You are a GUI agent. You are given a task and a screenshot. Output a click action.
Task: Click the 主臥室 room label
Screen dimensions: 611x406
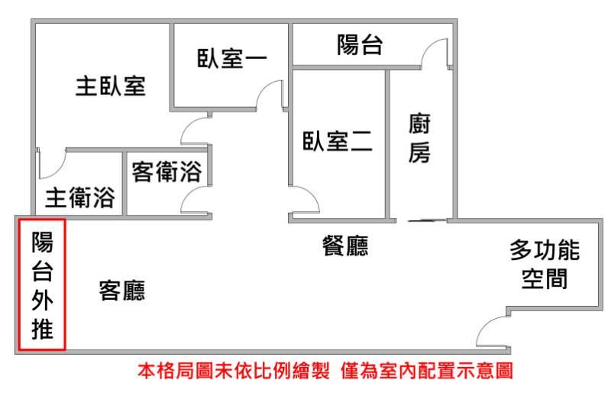[x=111, y=86]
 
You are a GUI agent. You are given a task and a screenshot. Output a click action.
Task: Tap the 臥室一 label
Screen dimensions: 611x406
[x=232, y=59]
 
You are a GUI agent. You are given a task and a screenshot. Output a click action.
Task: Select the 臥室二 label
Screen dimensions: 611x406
[x=338, y=141]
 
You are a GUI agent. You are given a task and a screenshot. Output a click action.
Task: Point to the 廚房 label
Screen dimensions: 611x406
[x=419, y=138]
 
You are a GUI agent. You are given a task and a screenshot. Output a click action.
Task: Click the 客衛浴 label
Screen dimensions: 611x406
[x=166, y=171]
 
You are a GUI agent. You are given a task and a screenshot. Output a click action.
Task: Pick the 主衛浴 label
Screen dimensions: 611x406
[x=80, y=197]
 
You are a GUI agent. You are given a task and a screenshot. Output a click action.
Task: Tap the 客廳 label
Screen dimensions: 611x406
[x=122, y=291]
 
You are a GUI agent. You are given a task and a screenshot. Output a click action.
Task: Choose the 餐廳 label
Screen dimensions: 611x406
[x=345, y=245]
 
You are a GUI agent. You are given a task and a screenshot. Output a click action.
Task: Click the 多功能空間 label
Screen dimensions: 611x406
[x=545, y=264]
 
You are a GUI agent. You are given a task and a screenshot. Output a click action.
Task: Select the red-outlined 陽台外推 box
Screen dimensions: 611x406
[x=42, y=284]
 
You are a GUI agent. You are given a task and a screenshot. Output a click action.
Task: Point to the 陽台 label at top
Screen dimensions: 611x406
[x=360, y=44]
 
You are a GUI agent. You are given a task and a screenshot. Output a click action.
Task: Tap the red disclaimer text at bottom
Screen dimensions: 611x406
[x=325, y=371]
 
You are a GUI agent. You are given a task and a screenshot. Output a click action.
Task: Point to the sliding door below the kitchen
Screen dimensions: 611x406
[x=427, y=221]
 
